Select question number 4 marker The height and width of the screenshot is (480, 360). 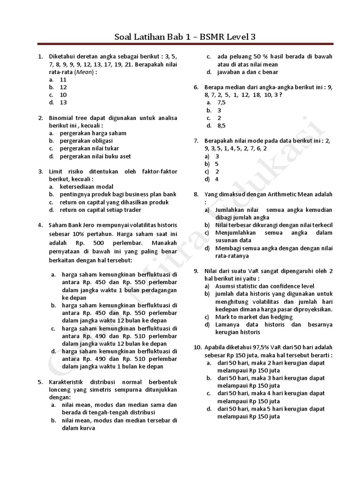coord(40,225)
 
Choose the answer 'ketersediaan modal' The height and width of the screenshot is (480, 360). coord(87,187)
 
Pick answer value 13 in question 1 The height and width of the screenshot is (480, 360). coord(63,103)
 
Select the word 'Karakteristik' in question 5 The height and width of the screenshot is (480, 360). coord(67,382)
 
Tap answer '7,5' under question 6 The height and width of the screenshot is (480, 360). coord(222,103)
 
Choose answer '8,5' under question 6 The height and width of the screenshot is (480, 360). coord(222,126)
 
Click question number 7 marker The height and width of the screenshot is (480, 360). coord(196,141)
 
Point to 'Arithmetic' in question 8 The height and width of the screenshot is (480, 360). coord(280,194)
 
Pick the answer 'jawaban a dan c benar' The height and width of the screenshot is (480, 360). coord(247,72)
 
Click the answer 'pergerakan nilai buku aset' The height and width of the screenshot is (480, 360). coord(95,157)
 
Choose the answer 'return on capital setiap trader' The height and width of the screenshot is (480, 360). coord(100,210)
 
